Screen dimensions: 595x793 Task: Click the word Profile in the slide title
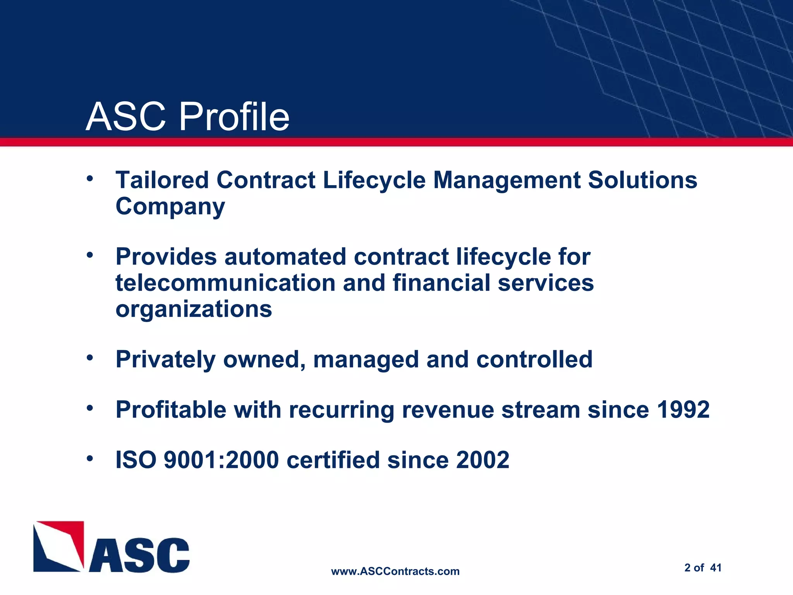click(234, 117)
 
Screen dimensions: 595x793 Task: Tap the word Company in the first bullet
click(170, 207)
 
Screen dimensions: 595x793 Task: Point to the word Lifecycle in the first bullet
click(374, 181)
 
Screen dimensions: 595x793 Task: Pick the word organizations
click(194, 309)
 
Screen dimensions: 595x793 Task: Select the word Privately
click(165, 359)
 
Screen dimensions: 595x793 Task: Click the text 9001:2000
click(221, 460)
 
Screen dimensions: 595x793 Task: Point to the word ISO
click(136, 460)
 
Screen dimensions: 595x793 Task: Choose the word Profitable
click(171, 410)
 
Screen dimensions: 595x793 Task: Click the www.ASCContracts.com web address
click(395, 571)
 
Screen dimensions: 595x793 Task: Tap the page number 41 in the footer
click(716, 568)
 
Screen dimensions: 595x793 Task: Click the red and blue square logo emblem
click(58, 546)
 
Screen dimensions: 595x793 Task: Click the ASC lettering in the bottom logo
click(139, 555)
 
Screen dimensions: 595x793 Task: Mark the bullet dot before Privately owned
click(90, 358)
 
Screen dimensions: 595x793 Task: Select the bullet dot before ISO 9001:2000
click(90, 459)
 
